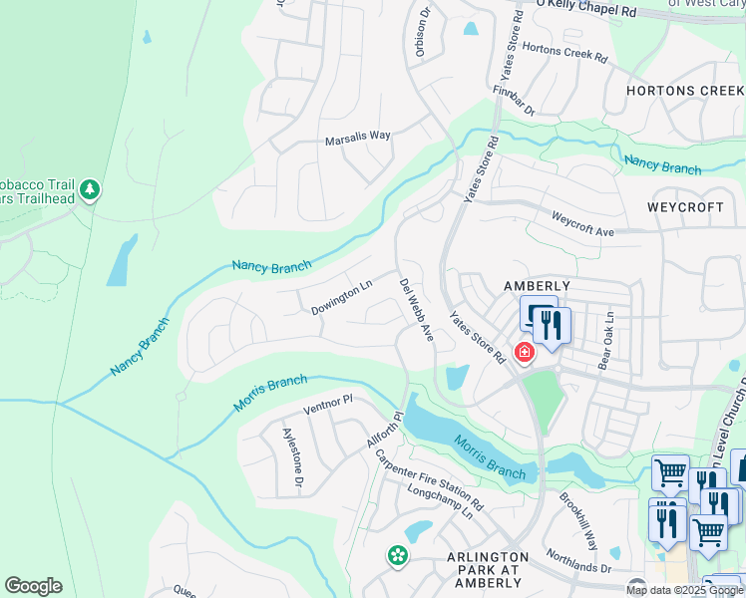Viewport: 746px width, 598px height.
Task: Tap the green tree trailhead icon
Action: click(x=90, y=189)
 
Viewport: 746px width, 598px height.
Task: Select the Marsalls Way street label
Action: click(x=357, y=140)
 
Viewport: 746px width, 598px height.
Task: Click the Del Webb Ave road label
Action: click(x=417, y=310)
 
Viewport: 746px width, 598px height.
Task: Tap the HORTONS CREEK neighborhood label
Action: click(x=685, y=92)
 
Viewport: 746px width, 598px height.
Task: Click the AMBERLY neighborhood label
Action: click(x=537, y=286)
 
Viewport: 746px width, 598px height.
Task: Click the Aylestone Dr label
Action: click(x=292, y=457)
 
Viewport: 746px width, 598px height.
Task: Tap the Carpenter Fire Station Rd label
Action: click(x=429, y=478)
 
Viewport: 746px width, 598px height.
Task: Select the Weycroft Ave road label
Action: click(x=583, y=224)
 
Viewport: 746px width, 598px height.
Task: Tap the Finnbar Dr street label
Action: click(x=515, y=100)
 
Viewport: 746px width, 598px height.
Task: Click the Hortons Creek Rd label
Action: click(x=564, y=53)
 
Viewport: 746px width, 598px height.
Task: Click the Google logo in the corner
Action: click(x=33, y=586)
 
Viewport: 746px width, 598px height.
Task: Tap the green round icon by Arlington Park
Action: click(x=398, y=555)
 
